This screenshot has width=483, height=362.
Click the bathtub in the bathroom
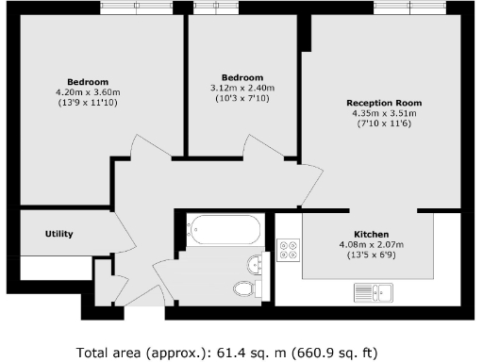click(224, 229)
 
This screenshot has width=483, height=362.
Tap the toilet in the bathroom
click(243, 288)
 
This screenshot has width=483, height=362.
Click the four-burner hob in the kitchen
click(289, 251)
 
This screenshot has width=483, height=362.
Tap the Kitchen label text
click(371, 234)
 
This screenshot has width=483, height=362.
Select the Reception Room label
click(383, 103)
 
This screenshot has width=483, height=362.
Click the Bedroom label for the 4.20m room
click(88, 80)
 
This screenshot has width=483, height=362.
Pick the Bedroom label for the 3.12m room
click(242, 77)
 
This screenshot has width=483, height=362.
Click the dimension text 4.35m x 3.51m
click(383, 113)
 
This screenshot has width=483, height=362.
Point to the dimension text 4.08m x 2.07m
click(371, 244)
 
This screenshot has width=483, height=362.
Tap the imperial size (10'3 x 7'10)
click(242, 98)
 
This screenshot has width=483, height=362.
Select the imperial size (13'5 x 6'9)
click(371, 255)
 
